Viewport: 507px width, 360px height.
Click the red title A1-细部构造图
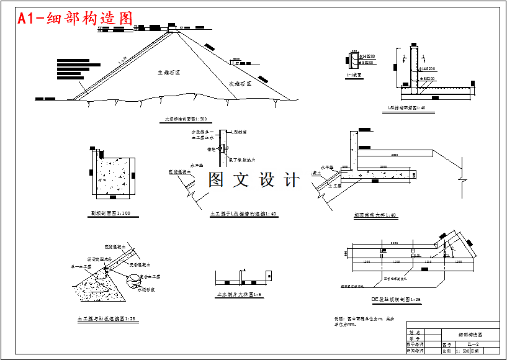[x=75, y=19]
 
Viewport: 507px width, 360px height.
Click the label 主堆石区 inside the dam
[x=168, y=73]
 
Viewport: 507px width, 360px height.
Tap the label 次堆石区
[x=240, y=83]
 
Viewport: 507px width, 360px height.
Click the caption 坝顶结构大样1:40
[x=375, y=215]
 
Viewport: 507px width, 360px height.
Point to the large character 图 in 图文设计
[x=216, y=180]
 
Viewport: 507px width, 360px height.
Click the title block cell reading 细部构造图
[x=469, y=334]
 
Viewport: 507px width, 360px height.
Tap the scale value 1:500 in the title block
[x=462, y=351]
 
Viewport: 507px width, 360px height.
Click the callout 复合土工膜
[x=151, y=276]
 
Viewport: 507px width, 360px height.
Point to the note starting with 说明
[x=363, y=322]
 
